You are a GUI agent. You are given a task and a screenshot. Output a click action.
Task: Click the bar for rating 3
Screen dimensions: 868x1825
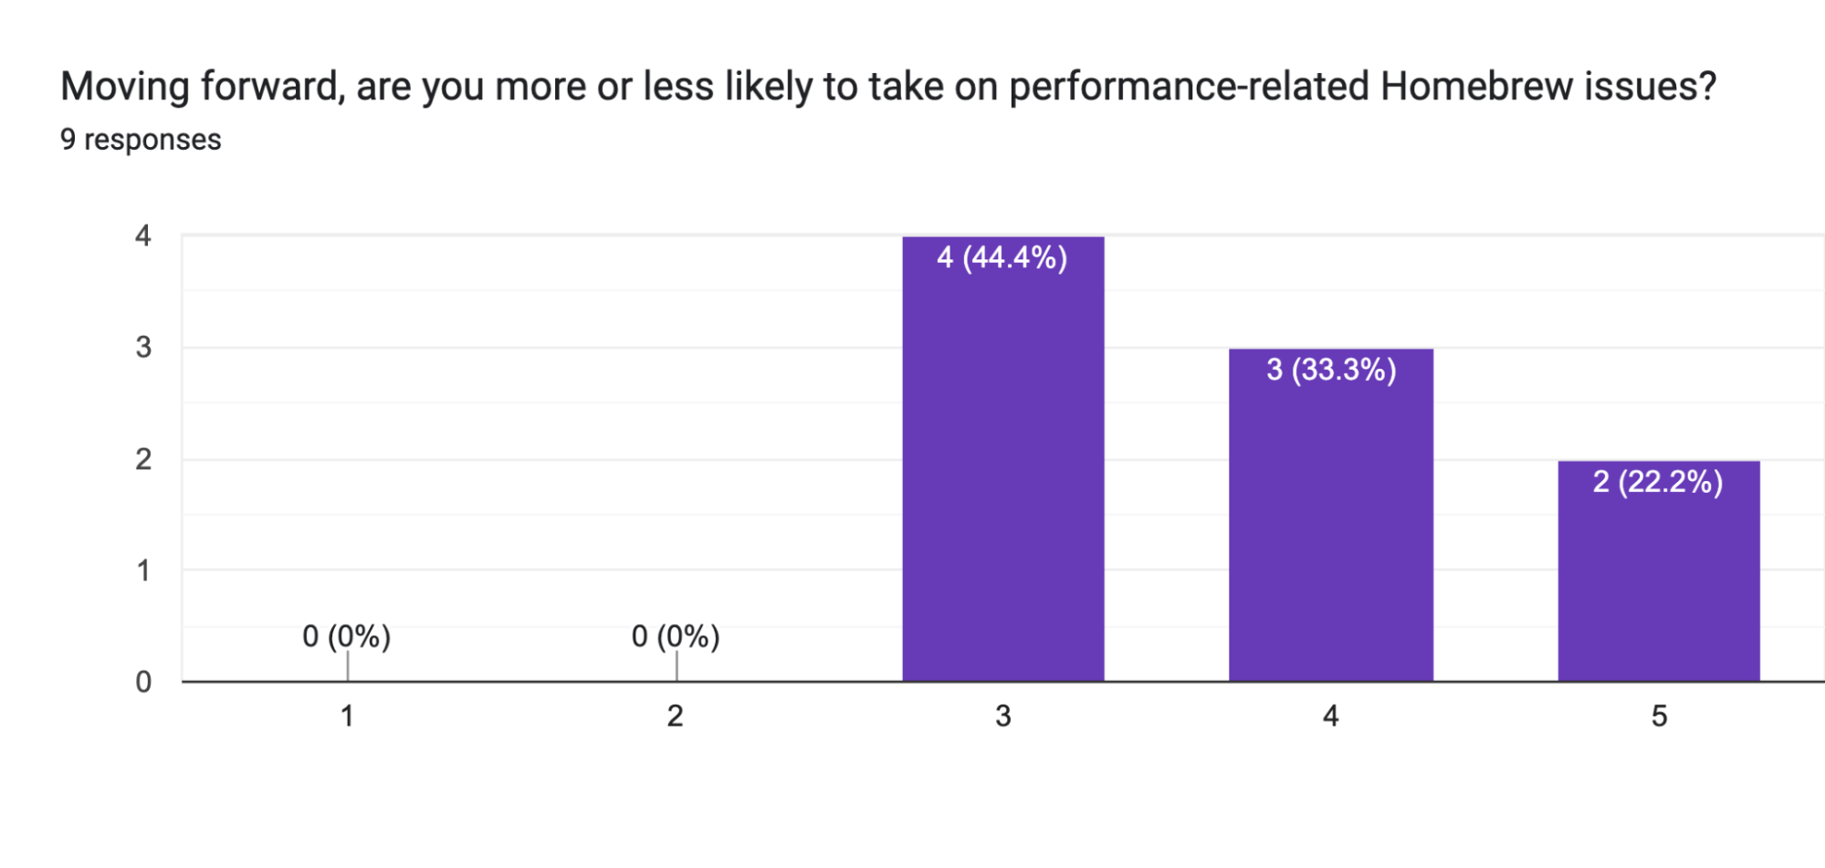(x=1002, y=475)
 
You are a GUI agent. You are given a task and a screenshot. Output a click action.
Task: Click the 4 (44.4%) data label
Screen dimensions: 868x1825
(x=1002, y=258)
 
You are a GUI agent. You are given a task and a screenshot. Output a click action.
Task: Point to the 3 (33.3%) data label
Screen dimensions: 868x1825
(x=1331, y=371)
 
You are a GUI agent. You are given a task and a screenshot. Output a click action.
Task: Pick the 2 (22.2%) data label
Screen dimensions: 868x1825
(x=1657, y=482)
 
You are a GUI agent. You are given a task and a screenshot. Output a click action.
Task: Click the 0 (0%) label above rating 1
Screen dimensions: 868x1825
(x=346, y=636)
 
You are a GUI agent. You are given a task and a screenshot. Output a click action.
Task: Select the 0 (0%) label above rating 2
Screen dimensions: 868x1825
(x=676, y=636)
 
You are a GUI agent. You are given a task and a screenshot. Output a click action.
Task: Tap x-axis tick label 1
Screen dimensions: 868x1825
(x=347, y=716)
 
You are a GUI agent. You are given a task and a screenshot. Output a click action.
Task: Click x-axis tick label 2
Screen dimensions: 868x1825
(x=675, y=716)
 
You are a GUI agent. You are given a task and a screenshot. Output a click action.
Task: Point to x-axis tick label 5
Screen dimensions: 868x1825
(x=1659, y=716)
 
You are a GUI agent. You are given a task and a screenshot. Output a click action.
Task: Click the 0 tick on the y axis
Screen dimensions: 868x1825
(x=143, y=682)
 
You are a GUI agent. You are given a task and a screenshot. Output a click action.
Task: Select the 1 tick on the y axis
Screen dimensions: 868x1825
(x=143, y=571)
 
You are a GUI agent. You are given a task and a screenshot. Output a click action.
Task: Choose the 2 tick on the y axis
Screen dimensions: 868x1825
(x=143, y=459)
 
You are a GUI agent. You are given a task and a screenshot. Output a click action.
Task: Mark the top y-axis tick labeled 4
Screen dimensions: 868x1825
(x=143, y=236)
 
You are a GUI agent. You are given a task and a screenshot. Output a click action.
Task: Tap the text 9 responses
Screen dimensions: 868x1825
(x=141, y=140)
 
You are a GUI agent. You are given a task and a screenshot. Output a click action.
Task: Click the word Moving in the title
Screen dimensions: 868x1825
(x=125, y=87)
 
